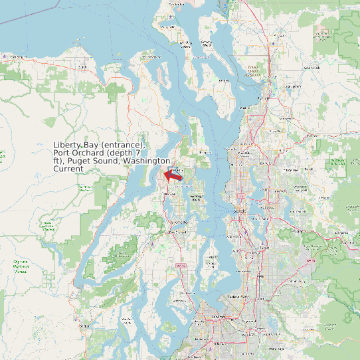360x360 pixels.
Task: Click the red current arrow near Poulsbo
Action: [x=174, y=175]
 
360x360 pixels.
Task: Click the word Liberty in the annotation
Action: [x=67, y=145]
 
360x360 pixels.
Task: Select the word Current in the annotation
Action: [x=68, y=169]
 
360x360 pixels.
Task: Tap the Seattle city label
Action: [x=239, y=211]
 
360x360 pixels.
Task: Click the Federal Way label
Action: [x=237, y=296]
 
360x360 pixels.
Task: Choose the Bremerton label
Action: [x=180, y=232]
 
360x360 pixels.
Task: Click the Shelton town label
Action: [x=84, y=326]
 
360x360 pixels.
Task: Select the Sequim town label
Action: [x=82, y=66]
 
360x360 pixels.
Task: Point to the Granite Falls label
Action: [x=323, y=33]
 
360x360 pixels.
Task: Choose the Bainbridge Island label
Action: [x=196, y=197]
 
